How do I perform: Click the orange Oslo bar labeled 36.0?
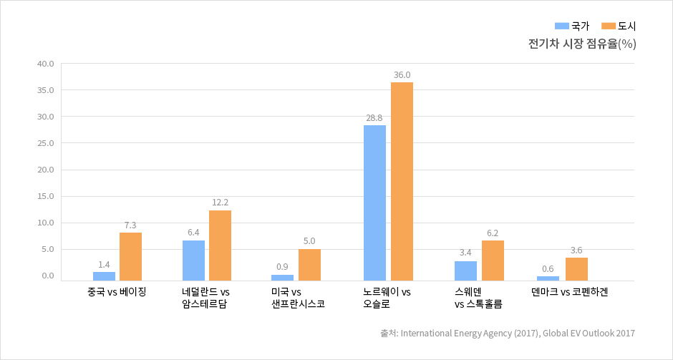[x=402, y=181]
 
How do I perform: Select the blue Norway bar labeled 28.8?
[x=374, y=203]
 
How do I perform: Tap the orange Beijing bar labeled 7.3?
[x=130, y=256]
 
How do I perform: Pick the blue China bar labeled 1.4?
[x=104, y=276]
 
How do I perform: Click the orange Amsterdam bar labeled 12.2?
[x=220, y=245]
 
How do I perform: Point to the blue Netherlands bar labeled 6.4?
[x=193, y=260]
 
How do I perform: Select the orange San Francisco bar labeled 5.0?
[x=309, y=264]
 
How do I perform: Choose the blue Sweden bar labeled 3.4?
[x=465, y=271]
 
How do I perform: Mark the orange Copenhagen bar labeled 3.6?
[x=576, y=268]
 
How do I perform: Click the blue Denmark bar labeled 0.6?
[x=548, y=278]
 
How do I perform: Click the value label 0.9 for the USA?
[x=283, y=267]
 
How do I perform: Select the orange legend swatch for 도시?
[x=608, y=26]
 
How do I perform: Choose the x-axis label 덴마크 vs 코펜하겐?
[x=569, y=292]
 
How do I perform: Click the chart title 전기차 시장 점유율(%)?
[x=581, y=44]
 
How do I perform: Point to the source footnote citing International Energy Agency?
[x=508, y=333]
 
